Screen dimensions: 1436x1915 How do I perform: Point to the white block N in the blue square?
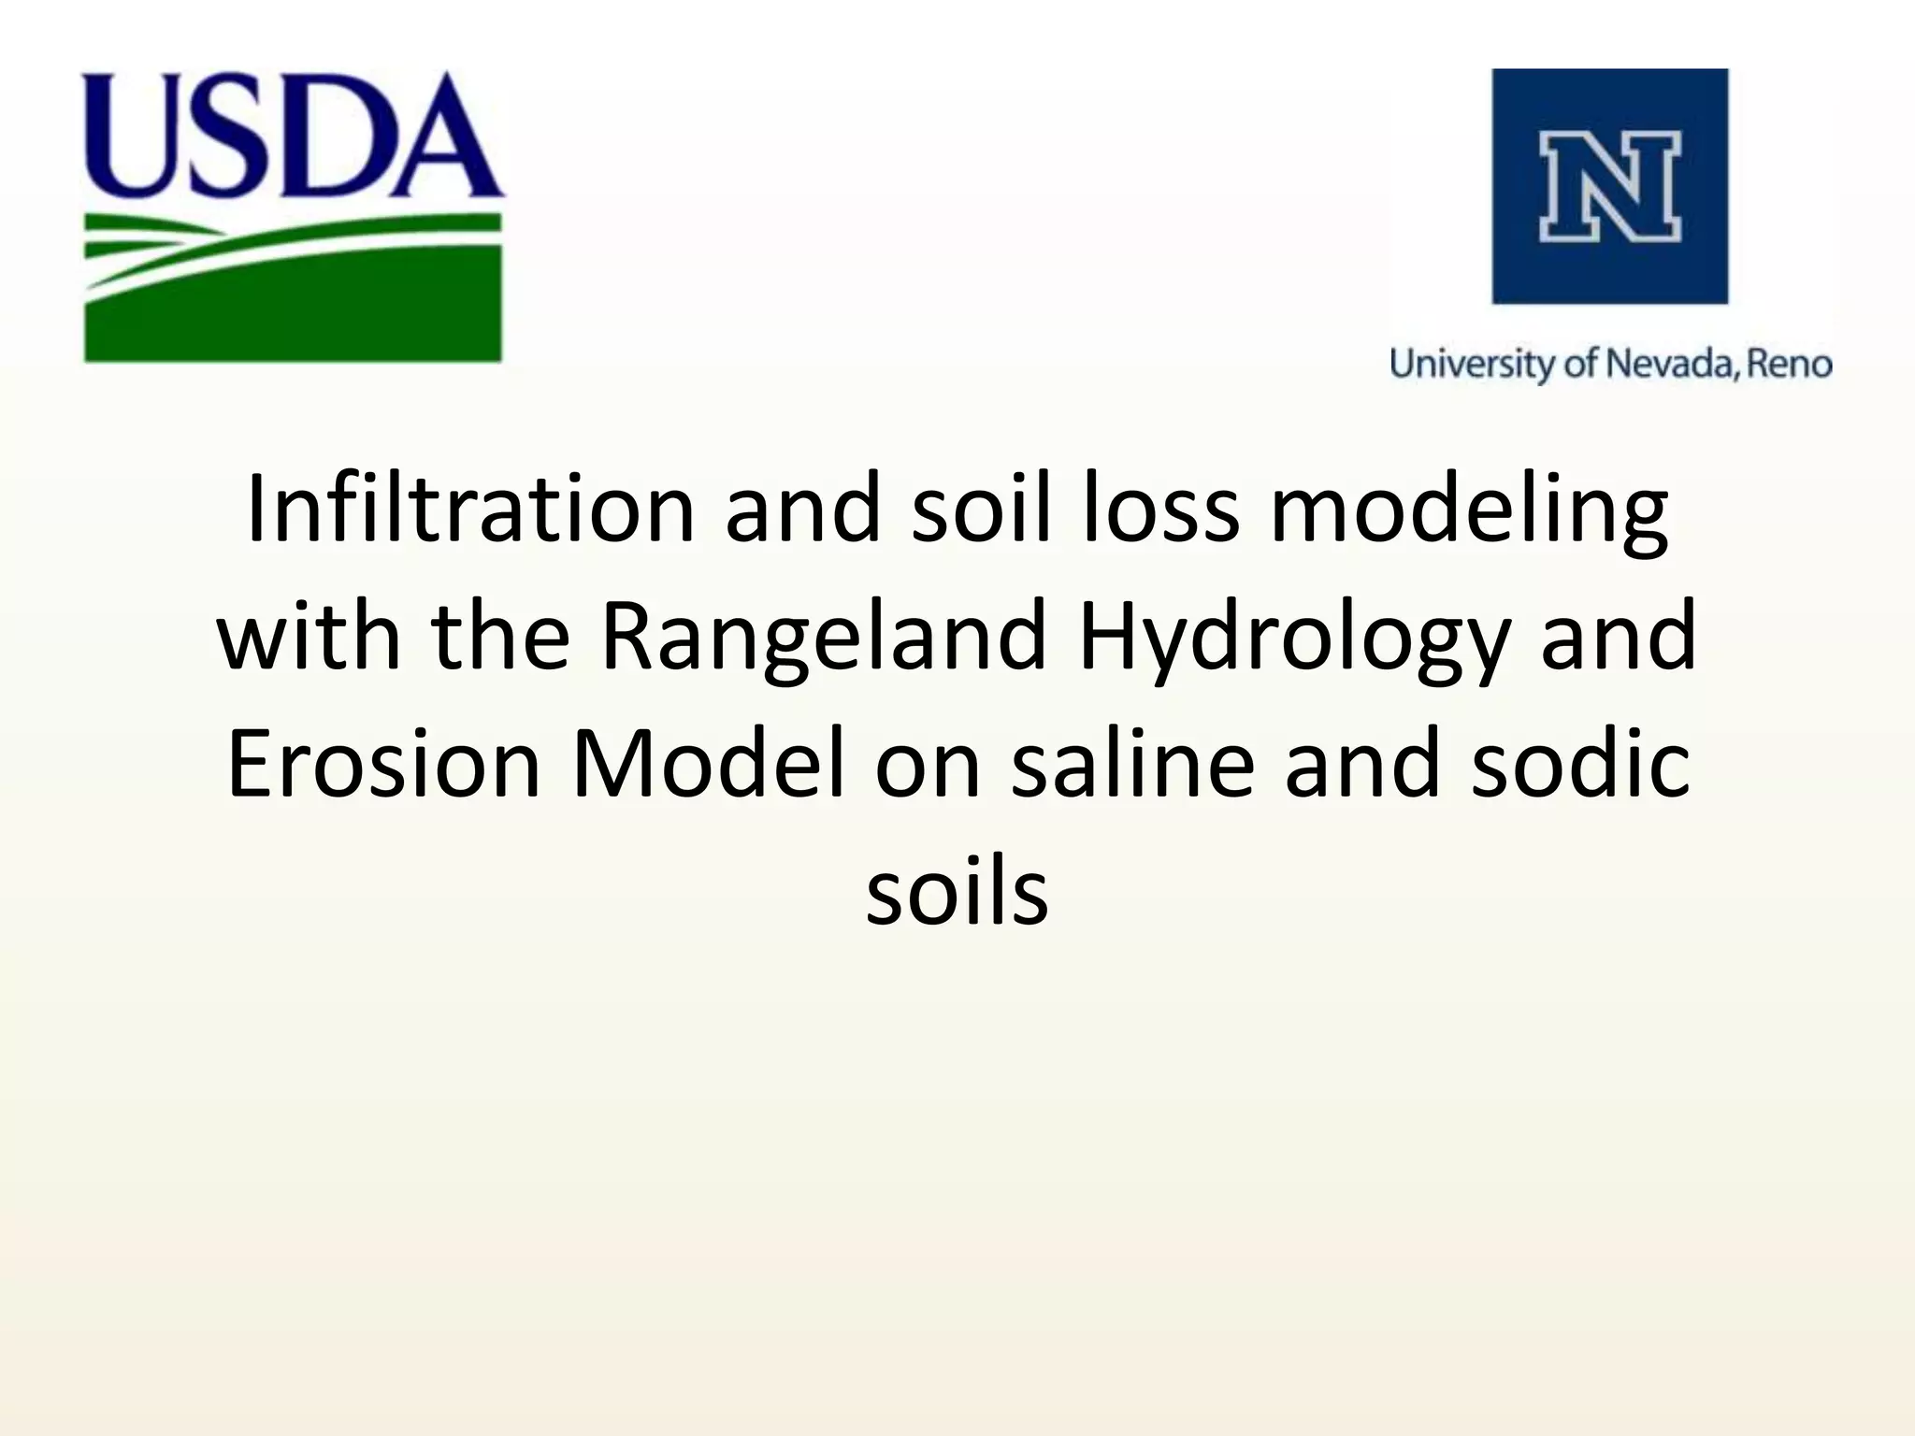[1609, 186]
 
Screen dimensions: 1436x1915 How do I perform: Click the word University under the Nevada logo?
[1472, 364]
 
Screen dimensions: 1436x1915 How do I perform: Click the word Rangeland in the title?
[822, 636]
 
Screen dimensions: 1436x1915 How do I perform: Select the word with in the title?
[309, 636]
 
